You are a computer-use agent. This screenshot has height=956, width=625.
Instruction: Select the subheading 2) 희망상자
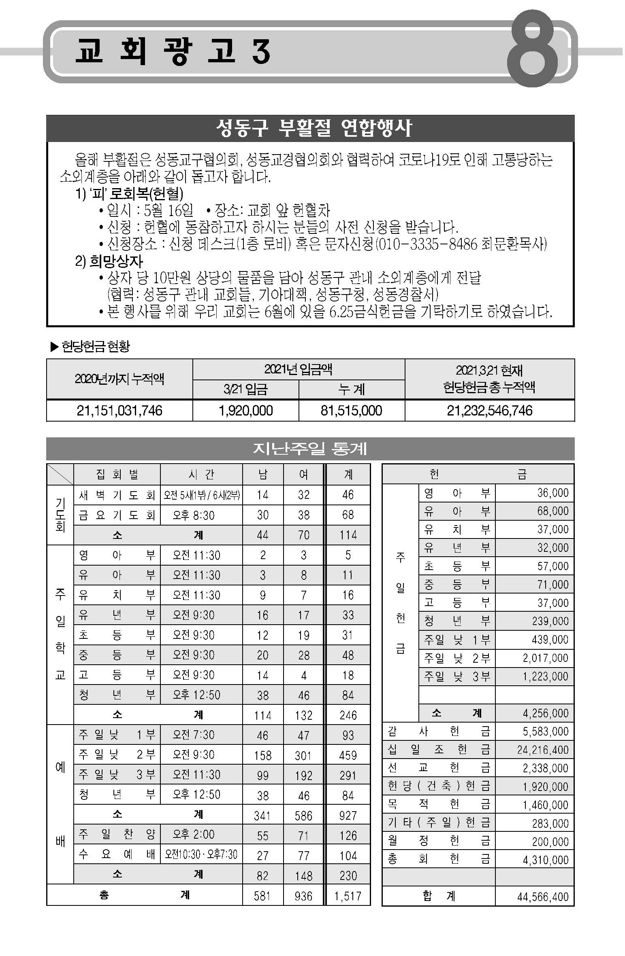109,261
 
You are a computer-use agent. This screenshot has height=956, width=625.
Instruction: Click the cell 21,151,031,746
119,411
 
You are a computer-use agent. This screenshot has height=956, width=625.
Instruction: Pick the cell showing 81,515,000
351,411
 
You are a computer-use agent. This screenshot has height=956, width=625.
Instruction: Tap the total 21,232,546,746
489,411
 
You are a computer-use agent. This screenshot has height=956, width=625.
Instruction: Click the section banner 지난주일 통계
310,449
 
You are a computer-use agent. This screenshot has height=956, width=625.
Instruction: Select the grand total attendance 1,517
348,896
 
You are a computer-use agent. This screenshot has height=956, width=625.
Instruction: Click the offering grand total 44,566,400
543,897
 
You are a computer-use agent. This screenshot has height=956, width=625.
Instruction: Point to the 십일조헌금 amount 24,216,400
543,750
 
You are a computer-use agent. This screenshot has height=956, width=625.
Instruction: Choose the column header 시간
201,474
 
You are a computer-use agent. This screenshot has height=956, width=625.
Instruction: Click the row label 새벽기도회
117,495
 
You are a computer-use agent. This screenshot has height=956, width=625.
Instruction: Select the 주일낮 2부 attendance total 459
348,755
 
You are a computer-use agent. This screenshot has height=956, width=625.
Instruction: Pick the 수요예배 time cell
201,854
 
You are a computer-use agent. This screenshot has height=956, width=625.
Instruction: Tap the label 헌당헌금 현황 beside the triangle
96,346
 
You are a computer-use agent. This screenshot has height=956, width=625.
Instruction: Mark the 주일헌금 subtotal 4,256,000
545,713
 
